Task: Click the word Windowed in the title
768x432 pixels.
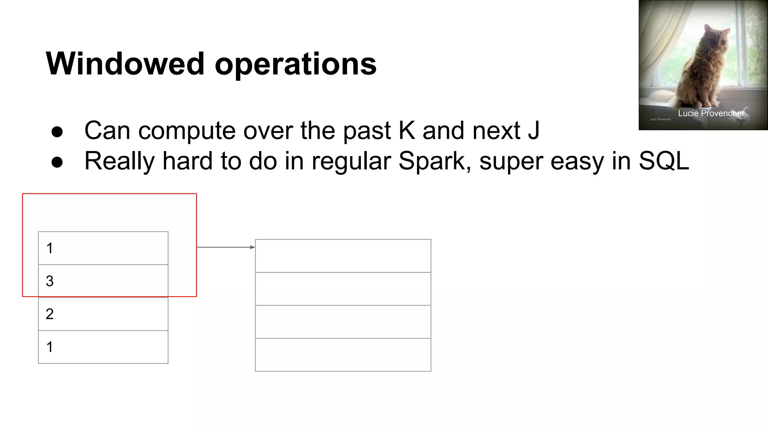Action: [125, 64]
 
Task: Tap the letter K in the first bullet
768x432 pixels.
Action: [407, 130]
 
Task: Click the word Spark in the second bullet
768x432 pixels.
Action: [431, 161]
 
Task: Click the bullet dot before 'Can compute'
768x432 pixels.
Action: [57, 132]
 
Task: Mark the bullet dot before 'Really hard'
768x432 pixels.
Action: [57, 162]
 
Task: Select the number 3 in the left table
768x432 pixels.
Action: [49, 281]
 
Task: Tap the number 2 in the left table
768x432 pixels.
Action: [49, 314]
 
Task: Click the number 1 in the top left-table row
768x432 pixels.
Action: [49, 248]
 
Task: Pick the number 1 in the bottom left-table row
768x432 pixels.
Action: [49, 347]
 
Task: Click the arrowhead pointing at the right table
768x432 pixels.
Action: [252, 247]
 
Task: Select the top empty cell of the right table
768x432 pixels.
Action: [343, 256]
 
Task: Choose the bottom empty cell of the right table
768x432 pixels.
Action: [343, 355]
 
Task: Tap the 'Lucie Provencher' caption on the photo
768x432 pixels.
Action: [711, 113]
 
